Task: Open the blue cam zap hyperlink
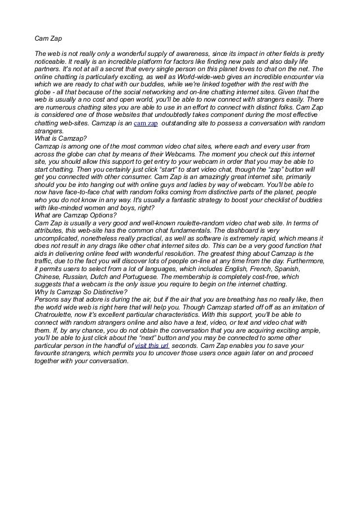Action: (144, 123)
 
